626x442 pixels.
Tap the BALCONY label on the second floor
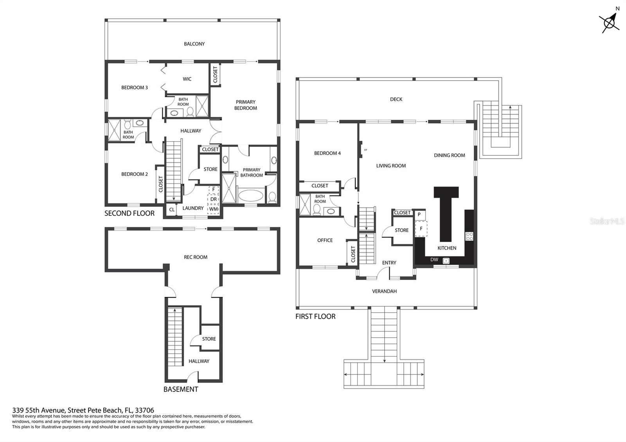click(194, 44)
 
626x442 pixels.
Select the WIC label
click(187, 79)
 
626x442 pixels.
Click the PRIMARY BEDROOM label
click(245, 105)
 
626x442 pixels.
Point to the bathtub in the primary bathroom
click(250, 196)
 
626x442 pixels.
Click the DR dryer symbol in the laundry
click(213, 199)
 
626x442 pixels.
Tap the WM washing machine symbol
click(213, 209)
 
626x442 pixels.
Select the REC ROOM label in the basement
click(195, 257)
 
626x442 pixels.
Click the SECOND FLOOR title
click(130, 214)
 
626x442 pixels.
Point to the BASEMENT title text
click(181, 389)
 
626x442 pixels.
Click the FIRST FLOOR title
click(315, 316)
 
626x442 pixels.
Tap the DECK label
click(396, 99)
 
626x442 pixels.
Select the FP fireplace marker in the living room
click(365, 150)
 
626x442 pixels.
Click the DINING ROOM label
click(450, 155)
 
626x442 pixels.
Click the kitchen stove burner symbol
click(469, 236)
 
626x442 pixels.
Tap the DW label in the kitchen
click(434, 260)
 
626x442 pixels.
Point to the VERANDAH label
click(384, 291)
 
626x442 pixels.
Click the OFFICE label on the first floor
click(325, 240)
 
